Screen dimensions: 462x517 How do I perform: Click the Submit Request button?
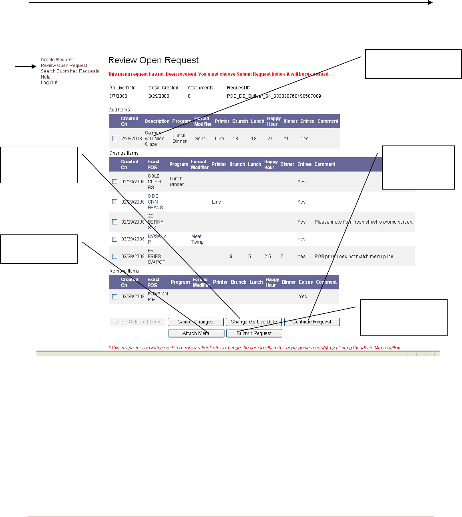point(254,333)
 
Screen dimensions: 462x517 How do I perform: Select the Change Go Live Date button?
point(253,322)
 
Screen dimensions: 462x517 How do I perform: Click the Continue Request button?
point(312,322)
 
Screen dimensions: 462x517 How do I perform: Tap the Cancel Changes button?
point(195,322)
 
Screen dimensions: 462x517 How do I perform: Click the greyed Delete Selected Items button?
point(137,322)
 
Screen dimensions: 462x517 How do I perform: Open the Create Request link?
point(57,60)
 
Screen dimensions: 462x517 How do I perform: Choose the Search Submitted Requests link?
point(70,71)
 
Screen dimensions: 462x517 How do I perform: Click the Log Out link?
point(49,83)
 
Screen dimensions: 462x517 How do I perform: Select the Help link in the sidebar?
point(46,77)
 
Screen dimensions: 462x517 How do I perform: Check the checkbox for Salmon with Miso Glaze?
point(115,139)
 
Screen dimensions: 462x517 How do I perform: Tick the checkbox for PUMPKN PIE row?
point(115,297)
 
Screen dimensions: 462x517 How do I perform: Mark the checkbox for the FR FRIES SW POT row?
point(115,256)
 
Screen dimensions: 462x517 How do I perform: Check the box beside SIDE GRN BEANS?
point(115,202)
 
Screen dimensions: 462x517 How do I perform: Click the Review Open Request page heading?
point(153,61)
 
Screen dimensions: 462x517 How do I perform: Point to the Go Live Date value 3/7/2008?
point(118,96)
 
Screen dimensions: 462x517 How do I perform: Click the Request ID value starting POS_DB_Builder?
point(274,96)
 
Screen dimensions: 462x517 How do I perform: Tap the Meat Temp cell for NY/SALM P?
point(197,239)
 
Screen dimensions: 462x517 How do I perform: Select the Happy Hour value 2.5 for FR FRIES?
point(267,256)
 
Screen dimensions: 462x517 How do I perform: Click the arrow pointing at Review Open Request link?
point(26,66)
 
